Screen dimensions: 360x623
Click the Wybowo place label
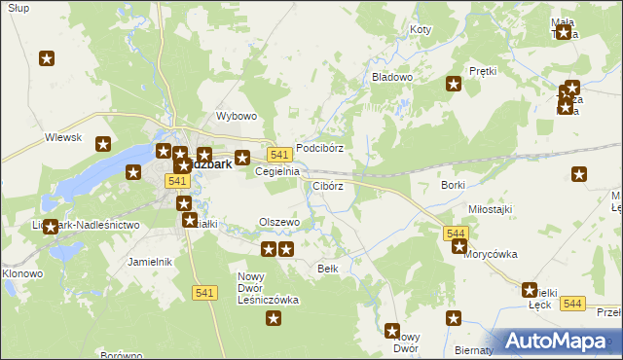(236, 116)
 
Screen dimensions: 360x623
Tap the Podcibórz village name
(319, 148)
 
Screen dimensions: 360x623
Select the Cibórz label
(327, 185)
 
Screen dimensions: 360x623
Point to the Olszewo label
(278, 222)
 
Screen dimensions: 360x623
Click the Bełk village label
(327, 268)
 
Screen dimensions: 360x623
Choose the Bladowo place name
(392, 76)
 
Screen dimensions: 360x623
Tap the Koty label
(420, 30)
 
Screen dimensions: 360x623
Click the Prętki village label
(483, 71)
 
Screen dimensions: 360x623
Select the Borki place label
(453, 184)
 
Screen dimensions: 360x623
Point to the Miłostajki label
(490, 209)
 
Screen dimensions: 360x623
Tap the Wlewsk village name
(62, 138)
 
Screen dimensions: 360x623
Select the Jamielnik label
(150, 262)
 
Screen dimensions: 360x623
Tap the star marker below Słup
(46, 59)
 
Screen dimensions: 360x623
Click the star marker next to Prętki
(453, 84)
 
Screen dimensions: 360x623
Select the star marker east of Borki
(580, 175)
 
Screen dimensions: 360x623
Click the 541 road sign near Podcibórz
(278, 156)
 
